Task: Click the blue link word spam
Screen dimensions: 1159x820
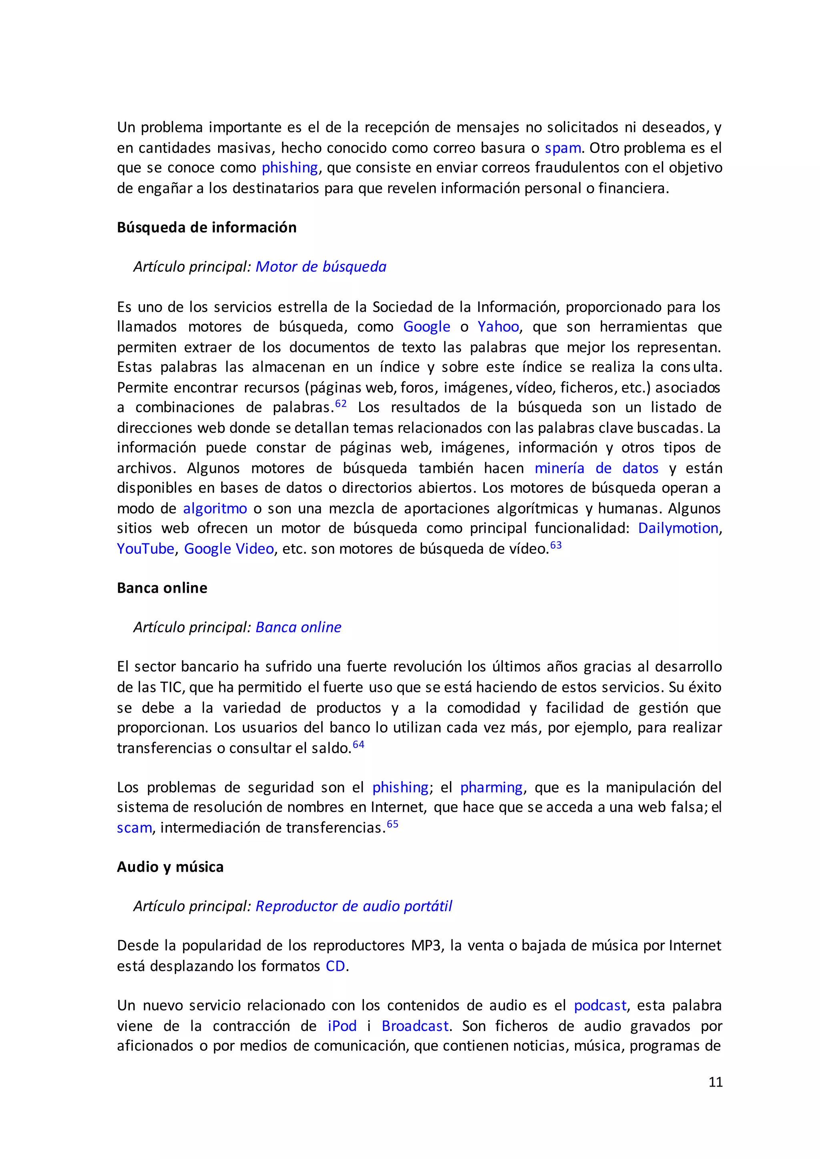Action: (563, 148)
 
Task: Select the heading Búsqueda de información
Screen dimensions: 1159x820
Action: (207, 228)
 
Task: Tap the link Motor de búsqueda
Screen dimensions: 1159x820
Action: (321, 267)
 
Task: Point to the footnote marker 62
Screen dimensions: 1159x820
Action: (341, 404)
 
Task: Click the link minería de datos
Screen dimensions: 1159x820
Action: (596, 469)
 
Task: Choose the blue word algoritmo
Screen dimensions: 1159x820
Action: (215, 508)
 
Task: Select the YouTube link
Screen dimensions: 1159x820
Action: (145, 549)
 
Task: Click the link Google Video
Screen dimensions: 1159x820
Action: (229, 549)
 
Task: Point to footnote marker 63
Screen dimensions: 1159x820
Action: (555, 545)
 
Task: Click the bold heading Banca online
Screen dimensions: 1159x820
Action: (162, 588)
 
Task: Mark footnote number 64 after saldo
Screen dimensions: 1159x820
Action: (358, 744)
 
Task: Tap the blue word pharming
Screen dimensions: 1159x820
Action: (491, 788)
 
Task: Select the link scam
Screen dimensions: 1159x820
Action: (134, 828)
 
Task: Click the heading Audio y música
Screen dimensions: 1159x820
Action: (170, 867)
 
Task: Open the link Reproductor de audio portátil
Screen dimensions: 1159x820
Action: (354, 906)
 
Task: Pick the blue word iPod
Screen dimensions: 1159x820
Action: (342, 1026)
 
